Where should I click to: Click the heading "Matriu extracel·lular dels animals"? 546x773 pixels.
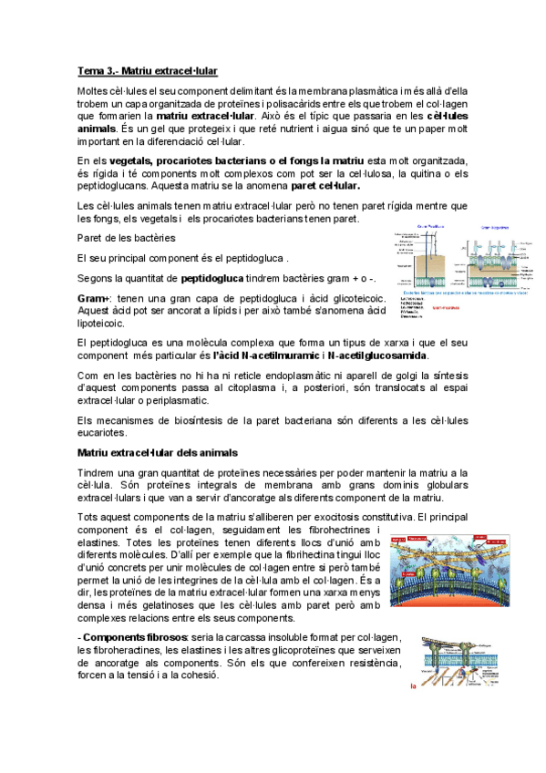point(158,452)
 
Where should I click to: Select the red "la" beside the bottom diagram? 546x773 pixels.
point(414,687)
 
